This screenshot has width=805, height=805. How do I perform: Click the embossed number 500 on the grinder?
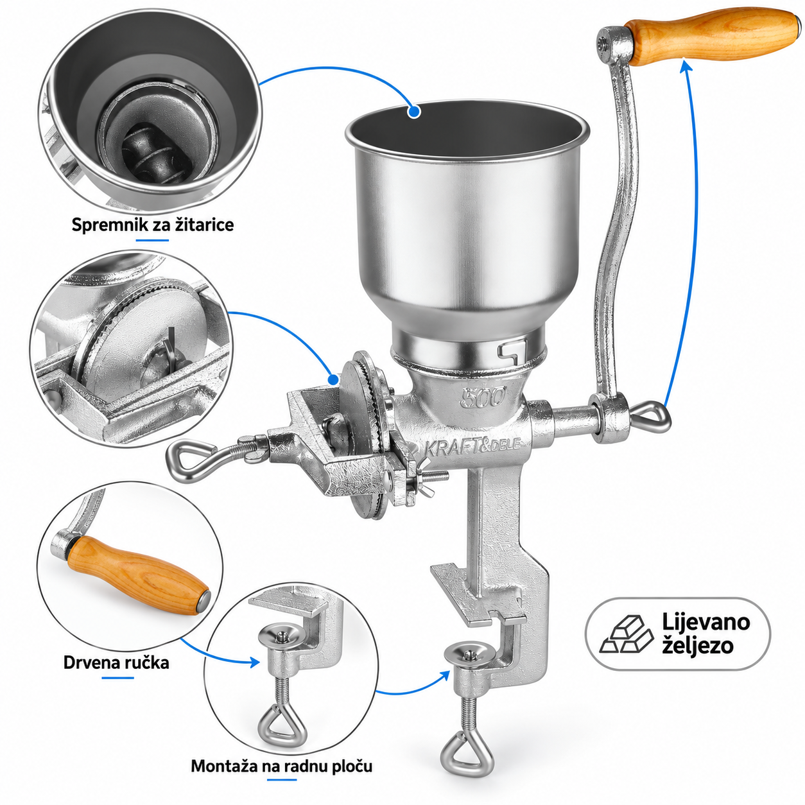coord(483,397)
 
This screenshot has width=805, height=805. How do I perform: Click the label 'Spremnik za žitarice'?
coord(153,225)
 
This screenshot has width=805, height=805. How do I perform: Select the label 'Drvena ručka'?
coord(116,662)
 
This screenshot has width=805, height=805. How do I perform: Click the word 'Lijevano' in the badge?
coord(705,622)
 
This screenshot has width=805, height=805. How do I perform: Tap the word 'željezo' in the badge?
coord(698,646)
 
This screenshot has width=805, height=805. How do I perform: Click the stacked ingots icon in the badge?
coord(626,634)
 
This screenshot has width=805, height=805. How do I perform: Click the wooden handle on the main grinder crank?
coord(713,37)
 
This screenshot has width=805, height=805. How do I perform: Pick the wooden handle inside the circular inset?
coord(138,575)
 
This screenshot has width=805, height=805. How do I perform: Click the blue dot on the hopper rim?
coord(414,112)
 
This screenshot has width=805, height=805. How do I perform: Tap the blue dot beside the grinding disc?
coord(333,379)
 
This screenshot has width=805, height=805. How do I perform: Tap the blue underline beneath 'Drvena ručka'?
coord(118,677)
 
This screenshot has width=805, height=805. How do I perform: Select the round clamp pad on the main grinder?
coord(471,654)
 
